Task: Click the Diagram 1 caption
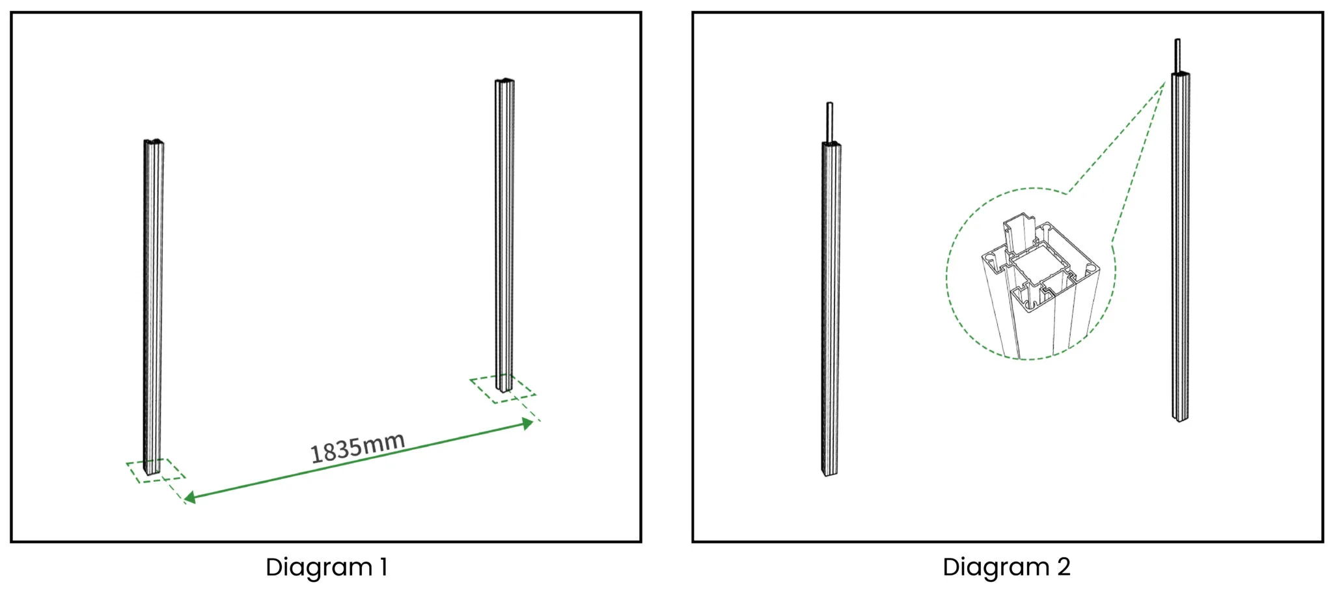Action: coord(327,567)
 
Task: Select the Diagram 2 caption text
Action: coord(1006,567)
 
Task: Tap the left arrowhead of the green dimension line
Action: coord(189,498)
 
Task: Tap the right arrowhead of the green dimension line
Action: coord(528,424)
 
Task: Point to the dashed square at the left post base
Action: coord(156,470)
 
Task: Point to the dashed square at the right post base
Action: coord(503,389)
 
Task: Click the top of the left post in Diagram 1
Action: coord(154,142)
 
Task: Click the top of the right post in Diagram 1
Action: coord(504,81)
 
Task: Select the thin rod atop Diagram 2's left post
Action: coord(830,122)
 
